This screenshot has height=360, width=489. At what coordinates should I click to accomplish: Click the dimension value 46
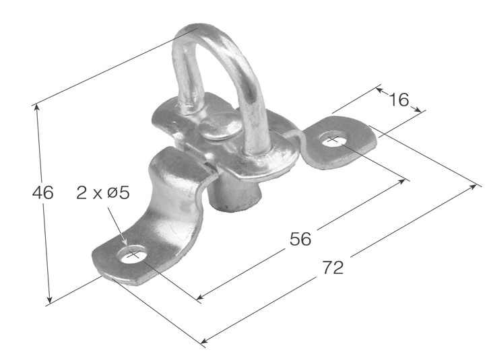[43, 193]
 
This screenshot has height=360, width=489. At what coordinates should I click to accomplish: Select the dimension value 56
[300, 239]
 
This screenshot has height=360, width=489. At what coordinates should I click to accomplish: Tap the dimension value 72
[333, 268]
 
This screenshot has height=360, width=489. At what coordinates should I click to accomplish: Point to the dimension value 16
[399, 100]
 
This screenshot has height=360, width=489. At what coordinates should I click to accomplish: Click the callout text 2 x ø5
[102, 193]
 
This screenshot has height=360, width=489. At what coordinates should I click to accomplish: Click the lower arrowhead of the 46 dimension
[50, 301]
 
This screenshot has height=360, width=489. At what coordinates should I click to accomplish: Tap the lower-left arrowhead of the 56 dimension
[199, 297]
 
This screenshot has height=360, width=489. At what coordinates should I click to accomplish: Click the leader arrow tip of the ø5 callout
[126, 245]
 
